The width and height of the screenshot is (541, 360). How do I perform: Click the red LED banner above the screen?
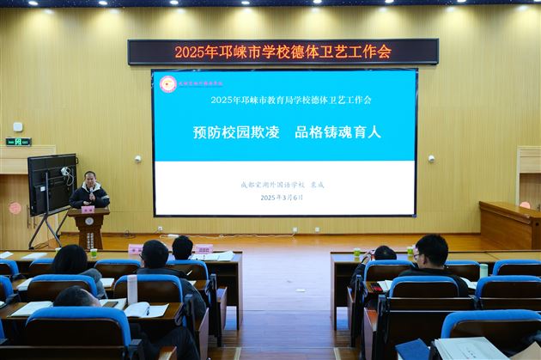283,52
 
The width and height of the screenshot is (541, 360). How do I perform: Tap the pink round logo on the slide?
168,83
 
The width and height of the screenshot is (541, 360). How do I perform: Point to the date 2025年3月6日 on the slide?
282,198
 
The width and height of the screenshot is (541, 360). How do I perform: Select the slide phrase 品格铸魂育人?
337,132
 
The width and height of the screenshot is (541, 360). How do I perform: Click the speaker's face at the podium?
89,179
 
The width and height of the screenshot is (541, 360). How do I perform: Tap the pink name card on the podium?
88,209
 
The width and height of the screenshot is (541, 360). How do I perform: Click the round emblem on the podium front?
89,221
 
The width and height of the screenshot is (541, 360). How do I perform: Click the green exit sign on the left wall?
17,142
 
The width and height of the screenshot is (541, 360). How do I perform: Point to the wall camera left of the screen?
137,159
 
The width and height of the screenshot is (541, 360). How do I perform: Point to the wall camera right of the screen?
431,158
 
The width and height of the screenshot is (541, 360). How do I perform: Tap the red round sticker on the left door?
15,208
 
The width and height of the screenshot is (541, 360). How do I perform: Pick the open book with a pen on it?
147,309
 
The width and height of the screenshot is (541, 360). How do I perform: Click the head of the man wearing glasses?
432,251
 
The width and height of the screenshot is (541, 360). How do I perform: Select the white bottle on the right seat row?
483,271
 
